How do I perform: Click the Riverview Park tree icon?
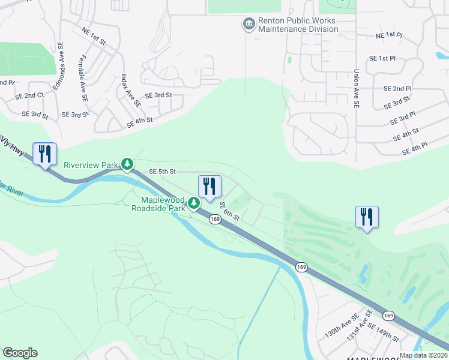click(127, 164)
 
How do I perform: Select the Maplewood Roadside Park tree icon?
click(194, 204)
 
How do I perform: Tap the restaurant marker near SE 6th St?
click(209, 187)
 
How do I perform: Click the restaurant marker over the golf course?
click(367, 217)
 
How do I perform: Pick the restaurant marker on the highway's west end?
click(45, 154)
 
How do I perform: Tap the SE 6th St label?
click(229, 211)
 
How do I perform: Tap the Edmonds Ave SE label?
click(58, 65)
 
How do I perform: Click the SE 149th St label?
click(383, 332)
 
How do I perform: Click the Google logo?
click(20, 353)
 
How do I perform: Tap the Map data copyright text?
click(424, 355)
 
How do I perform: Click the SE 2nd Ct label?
click(29, 95)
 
